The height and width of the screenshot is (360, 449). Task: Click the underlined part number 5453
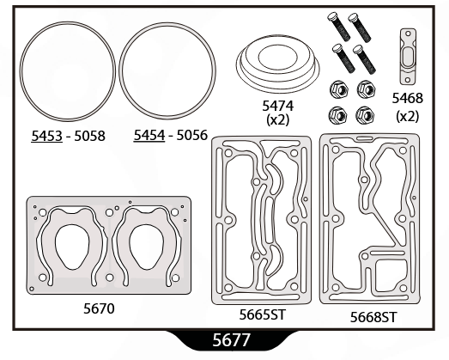pos(46,136)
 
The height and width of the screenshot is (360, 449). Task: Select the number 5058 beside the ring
pos(89,136)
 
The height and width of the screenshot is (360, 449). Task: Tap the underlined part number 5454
pos(149,135)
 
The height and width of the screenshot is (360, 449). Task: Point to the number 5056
pos(191,135)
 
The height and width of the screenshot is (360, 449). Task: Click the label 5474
pos(278,106)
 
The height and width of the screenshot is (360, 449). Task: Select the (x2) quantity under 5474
pos(278,119)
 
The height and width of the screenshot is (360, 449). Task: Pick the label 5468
pos(408,98)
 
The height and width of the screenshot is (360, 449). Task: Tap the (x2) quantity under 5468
pos(408,116)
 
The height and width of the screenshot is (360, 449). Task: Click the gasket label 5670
pos(99,308)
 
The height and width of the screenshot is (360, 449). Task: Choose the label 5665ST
pos(263,314)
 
